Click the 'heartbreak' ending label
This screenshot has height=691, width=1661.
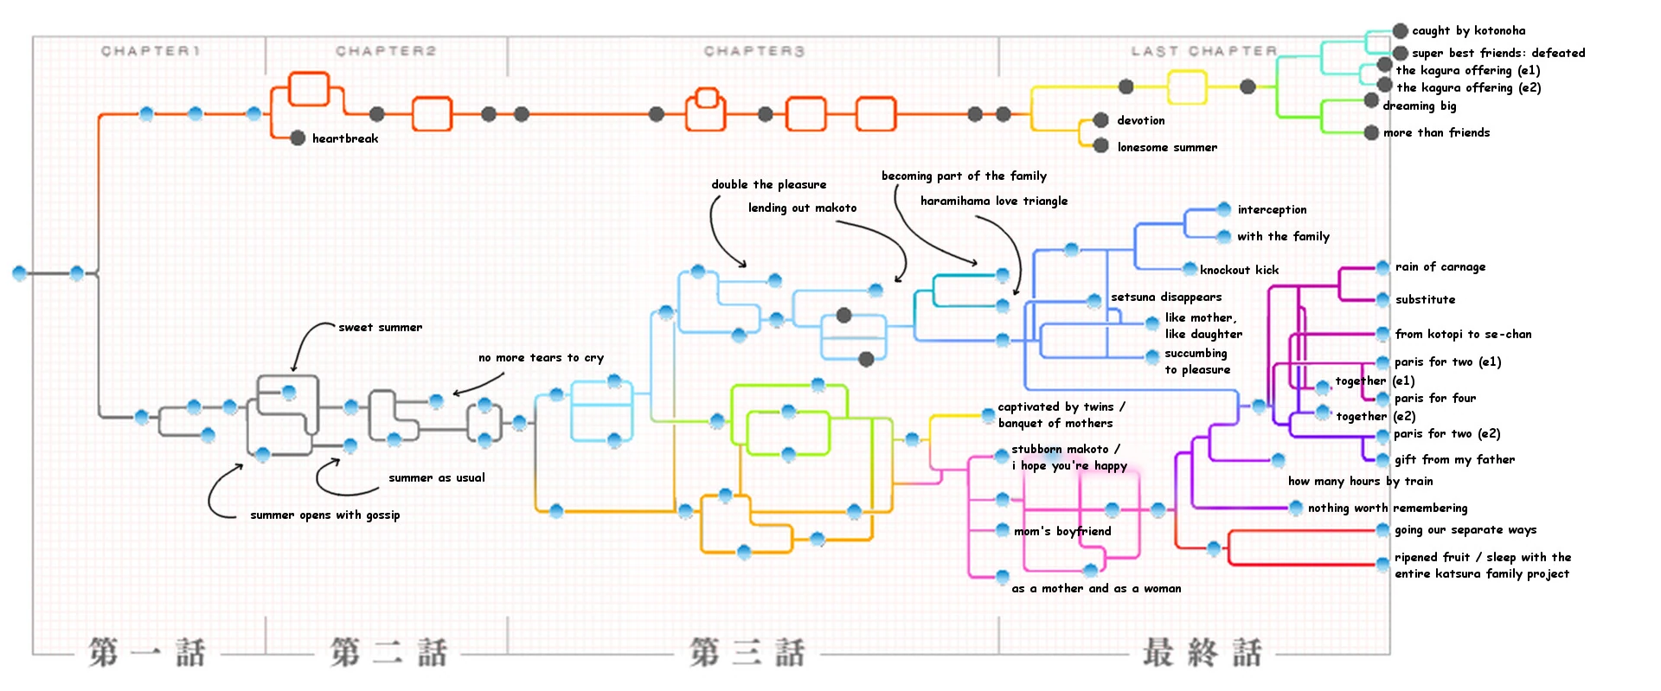point(344,138)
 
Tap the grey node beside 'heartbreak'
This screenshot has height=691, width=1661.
point(298,138)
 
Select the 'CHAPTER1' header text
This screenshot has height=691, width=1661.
point(151,51)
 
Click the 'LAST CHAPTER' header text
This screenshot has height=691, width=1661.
point(1203,51)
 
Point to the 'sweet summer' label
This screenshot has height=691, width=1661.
point(380,327)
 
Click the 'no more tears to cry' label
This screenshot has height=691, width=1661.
point(541,357)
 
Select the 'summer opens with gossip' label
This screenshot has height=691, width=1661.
point(324,515)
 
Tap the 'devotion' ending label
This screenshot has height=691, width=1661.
point(1140,120)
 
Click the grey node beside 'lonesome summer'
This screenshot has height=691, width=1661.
point(1101,145)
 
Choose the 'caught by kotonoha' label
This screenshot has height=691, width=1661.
point(1468,30)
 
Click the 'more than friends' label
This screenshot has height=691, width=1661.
point(1436,132)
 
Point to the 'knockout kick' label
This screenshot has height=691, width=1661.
point(1239,270)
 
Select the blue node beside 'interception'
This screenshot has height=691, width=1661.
point(1224,209)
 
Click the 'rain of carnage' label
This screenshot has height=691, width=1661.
point(1440,266)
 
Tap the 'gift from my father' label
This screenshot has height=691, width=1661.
point(1454,459)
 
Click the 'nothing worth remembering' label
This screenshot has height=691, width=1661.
point(1387,508)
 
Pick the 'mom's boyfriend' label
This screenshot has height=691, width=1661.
point(1062,531)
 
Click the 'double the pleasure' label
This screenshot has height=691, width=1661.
point(768,184)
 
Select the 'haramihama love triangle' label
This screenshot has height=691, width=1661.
point(993,201)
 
